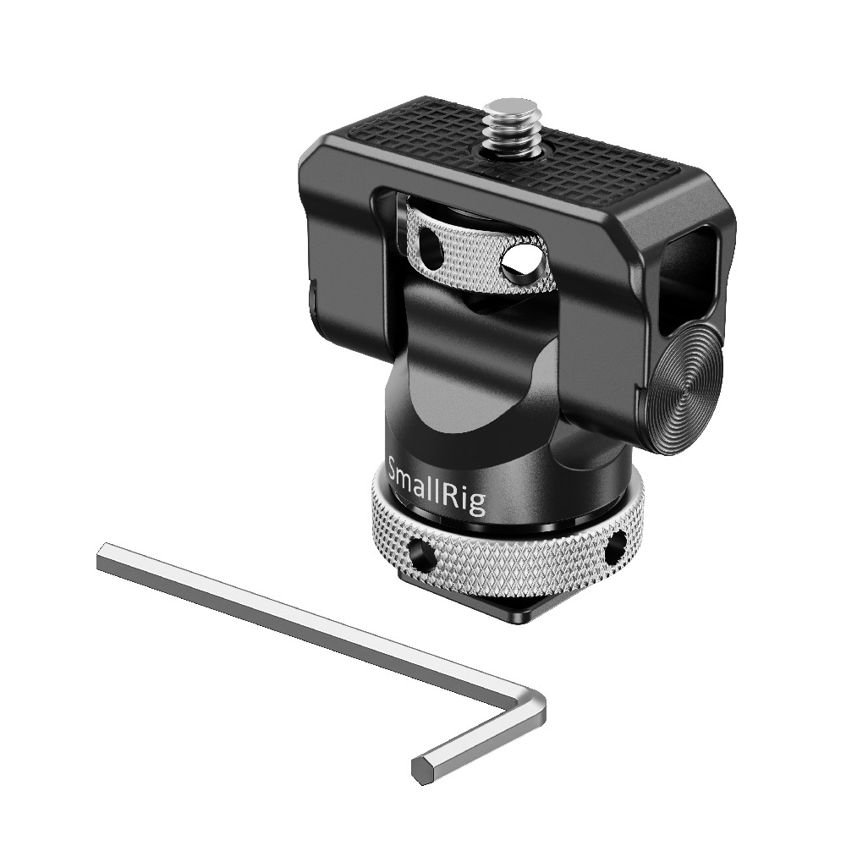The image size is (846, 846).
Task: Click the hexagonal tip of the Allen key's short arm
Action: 424,768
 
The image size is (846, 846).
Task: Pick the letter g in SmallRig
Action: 475,505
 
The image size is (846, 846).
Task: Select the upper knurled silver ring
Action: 475,254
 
